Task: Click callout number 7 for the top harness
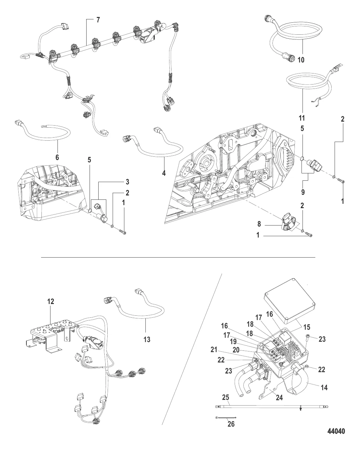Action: coord(98,20)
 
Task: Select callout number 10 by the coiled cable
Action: coord(301,60)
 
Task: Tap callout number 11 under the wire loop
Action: coord(302,118)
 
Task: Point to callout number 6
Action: coord(57,157)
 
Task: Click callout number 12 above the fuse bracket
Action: coord(50,301)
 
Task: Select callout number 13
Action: coord(146,339)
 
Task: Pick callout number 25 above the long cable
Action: coord(226,397)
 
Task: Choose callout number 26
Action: coord(231,424)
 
